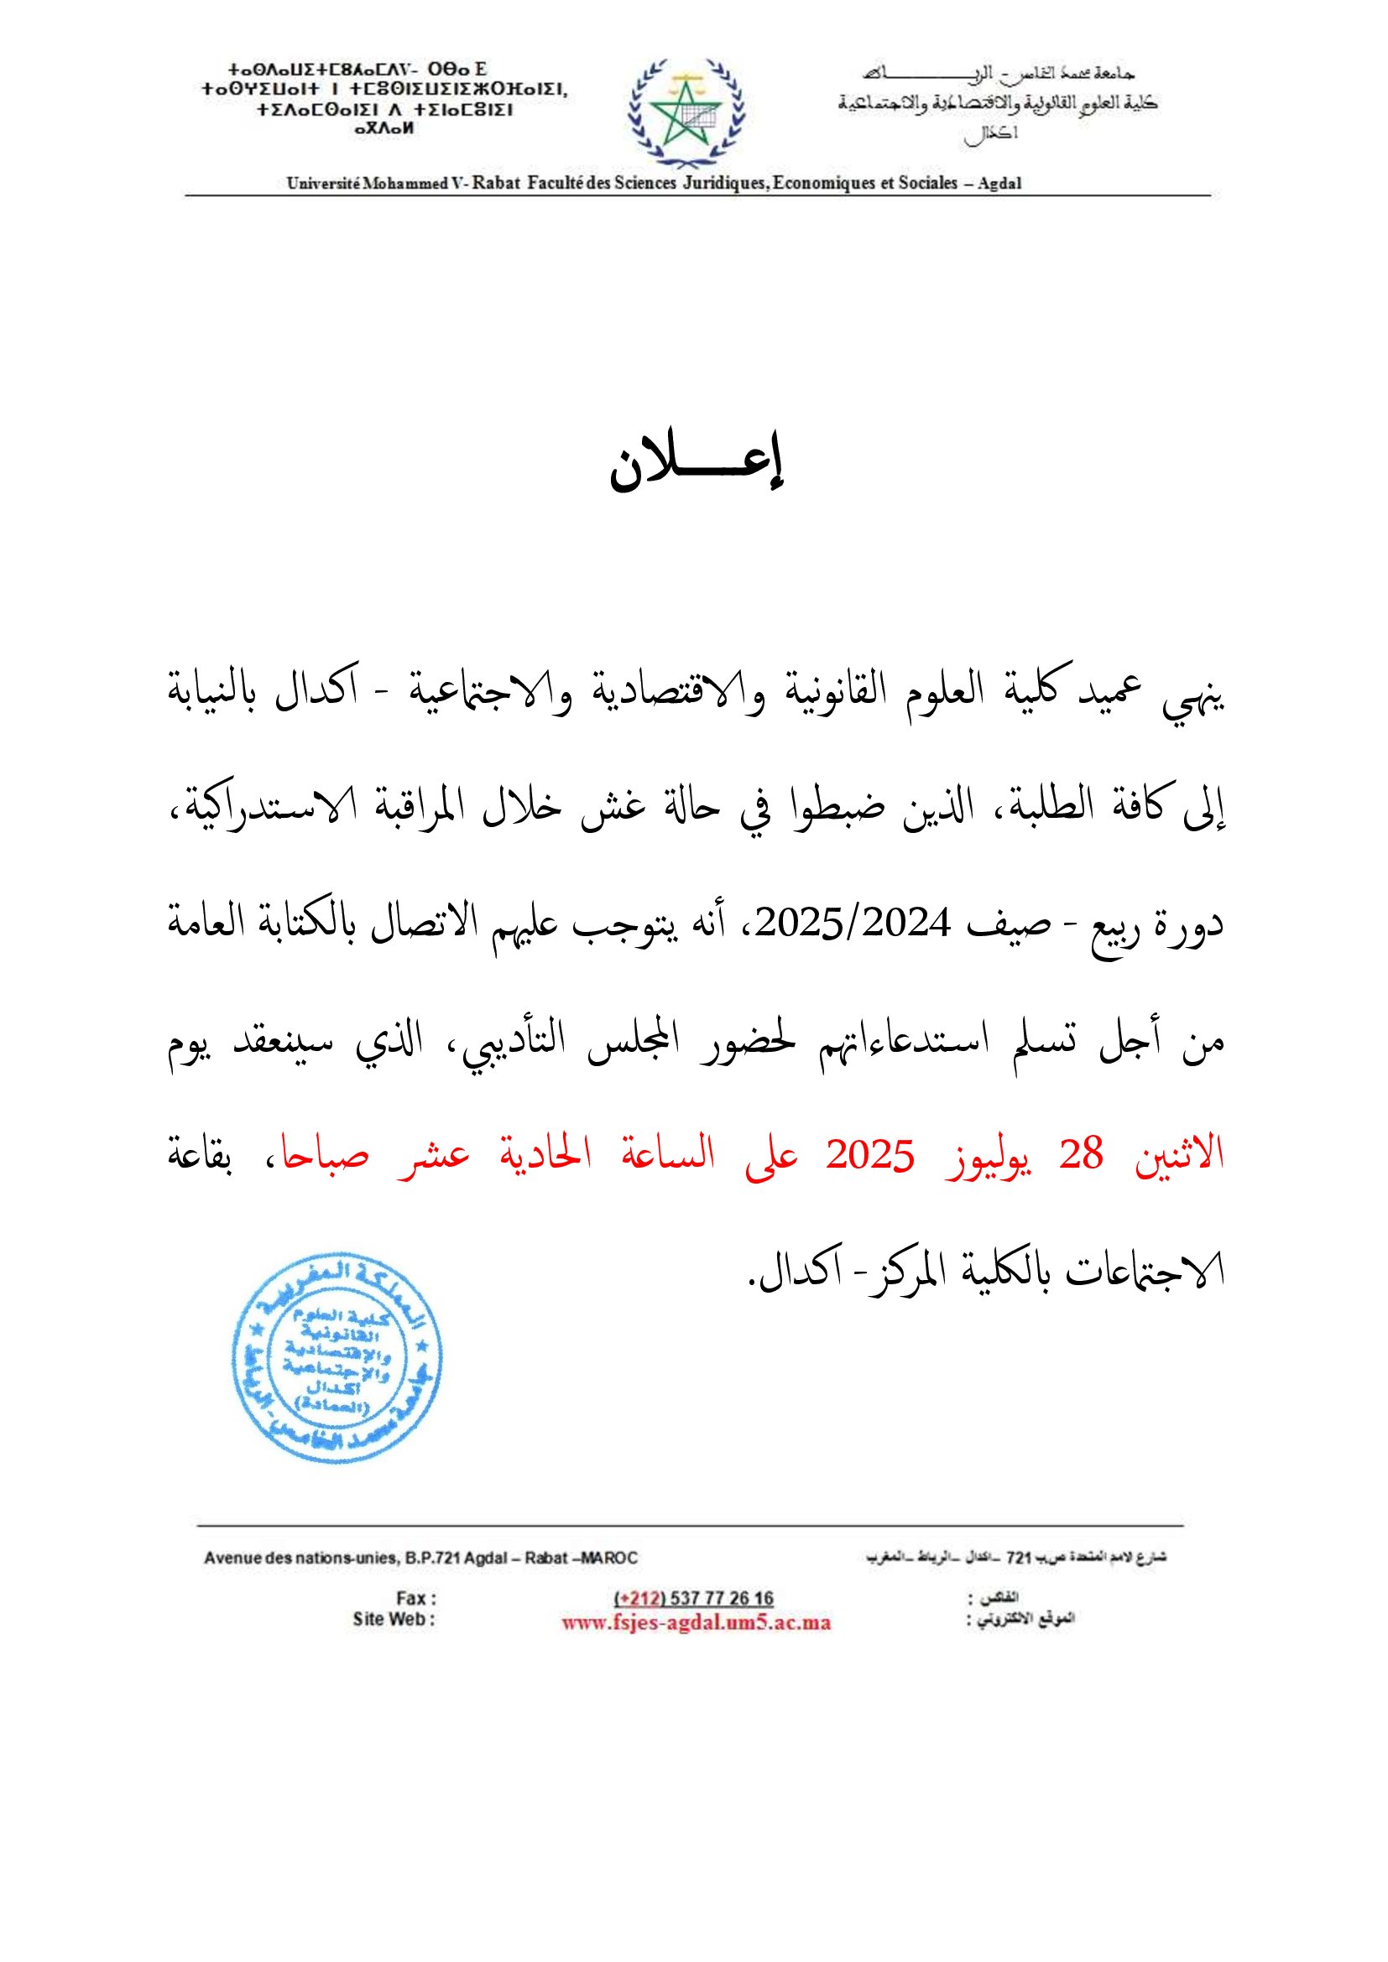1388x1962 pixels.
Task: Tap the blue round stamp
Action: point(337,1358)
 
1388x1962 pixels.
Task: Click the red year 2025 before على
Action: point(870,1157)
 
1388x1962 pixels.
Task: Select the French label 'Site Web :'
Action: point(394,1619)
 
